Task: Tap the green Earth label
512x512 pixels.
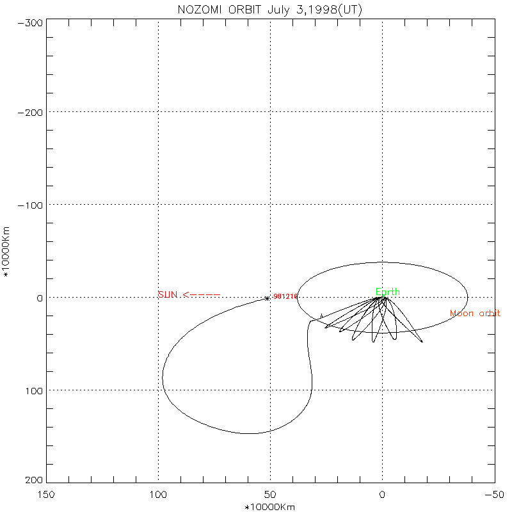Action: click(x=388, y=292)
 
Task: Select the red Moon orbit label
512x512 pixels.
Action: click(x=475, y=313)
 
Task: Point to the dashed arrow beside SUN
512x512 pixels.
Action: click(x=202, y=294)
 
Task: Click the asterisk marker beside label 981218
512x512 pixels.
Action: click(x=267, y=298)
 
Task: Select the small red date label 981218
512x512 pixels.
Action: click(x=285, y=296)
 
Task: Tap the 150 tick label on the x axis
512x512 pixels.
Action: click(x=46, y=494)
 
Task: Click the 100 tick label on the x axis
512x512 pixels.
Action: click(x=158, y=494)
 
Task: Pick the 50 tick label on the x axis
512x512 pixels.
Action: click(x=270, y=494)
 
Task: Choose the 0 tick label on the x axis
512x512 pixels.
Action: click(x=382, y=494)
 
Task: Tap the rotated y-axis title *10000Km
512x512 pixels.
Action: click(x=8, y=252)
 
